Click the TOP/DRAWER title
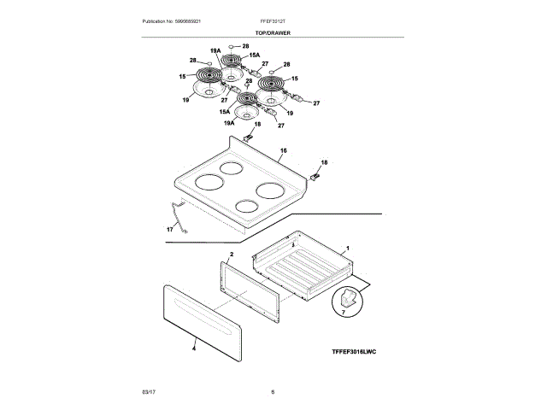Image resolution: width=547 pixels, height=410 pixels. tap(273, 32)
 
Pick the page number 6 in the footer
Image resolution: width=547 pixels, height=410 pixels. tap(273, 391)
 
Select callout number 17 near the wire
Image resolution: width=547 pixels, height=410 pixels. tap(169, 229)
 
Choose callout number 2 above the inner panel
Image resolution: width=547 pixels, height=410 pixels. tap(231, 255)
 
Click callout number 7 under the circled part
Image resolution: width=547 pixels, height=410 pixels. tap(344, 313)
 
